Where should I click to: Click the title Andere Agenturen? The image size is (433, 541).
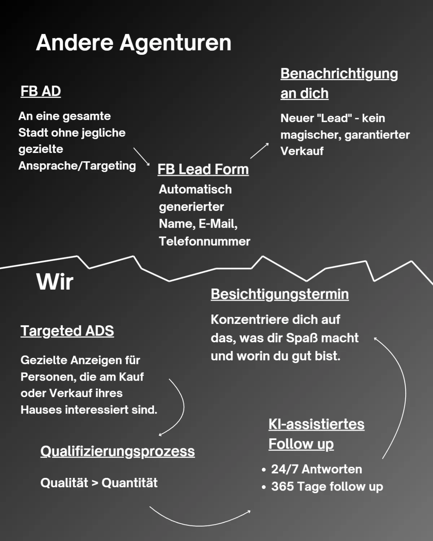pos(134,43)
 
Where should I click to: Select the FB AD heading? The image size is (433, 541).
pos(40,91)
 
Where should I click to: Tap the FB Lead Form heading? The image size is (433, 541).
pos(203,169)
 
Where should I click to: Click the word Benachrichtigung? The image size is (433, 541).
pos(339,74)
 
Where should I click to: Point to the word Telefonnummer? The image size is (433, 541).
pos(204,241)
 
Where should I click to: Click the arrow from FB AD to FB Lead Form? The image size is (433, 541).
pos(141,156)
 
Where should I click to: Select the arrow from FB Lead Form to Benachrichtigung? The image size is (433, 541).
pos(259,150)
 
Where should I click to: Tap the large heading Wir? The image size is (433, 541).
pos(55,282)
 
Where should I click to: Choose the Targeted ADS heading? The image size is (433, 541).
pos(67,331)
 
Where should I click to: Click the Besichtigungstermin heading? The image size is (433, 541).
pos(280,294)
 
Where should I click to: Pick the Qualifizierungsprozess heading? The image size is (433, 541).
pos(118,451)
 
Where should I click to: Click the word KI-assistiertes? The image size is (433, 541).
pos(316,424)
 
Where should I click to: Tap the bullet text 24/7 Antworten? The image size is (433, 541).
pos(316,469)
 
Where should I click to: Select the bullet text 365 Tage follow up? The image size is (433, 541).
pos(327,486)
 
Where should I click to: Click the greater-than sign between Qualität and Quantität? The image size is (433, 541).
pos(95,483)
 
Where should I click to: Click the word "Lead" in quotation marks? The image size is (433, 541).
pos(334,118)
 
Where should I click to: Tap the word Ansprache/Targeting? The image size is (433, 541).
pos(77,166)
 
